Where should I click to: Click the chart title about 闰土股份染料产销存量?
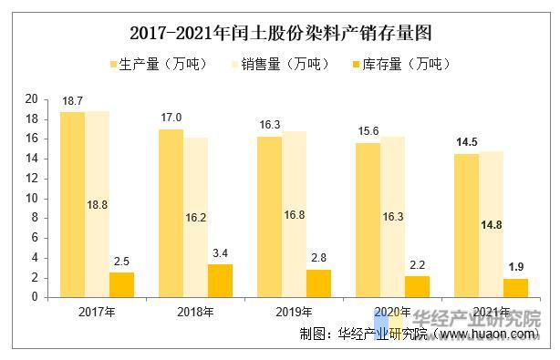tap(280, 34)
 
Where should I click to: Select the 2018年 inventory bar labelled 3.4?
tap(220, 280)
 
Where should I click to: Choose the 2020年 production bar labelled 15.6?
tap(368, 220)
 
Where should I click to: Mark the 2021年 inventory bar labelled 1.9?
tap(515, 287)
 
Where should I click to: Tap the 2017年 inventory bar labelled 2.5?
tap(121, 284)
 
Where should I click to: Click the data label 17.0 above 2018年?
tap(171, 118)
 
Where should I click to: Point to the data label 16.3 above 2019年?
tap(269, 125)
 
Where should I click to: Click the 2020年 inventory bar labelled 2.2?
tap(417, 286)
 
